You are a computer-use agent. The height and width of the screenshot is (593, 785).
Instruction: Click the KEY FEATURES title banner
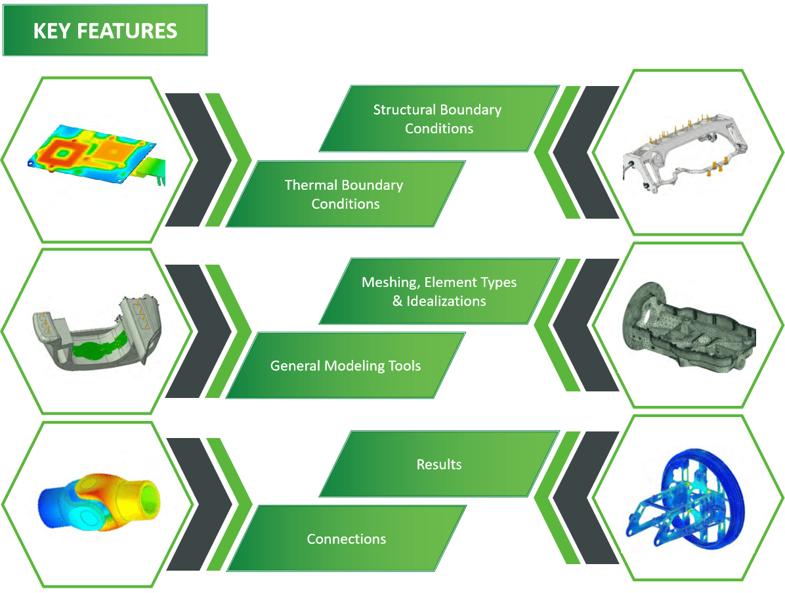pyautogui.click(x=105, y=30)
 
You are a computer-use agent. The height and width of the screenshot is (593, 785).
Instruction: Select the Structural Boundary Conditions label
pyautogui.click(x=439, y=119)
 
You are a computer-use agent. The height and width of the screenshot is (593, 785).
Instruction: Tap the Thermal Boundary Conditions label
pyautogui.click(x=345, y=194)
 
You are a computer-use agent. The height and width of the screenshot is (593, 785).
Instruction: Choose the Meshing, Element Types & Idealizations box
pyautogui.click(x=439, y=291)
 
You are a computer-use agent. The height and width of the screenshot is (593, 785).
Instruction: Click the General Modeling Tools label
pyautogui.click(x=345, y=365)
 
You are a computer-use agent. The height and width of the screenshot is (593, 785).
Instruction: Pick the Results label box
pyautogui.click(x=439, y=464)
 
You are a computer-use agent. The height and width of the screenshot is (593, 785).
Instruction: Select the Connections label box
pyautogui.click(x=346, y=538)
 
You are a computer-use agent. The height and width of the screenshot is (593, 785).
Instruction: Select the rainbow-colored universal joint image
pyautogui.click(x=99, y=502)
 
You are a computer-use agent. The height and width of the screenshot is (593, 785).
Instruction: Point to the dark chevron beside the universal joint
pyautogui.click(x=200, y=504)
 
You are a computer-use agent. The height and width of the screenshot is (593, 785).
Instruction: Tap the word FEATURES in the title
pyautogui.click(x=127, y=31)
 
